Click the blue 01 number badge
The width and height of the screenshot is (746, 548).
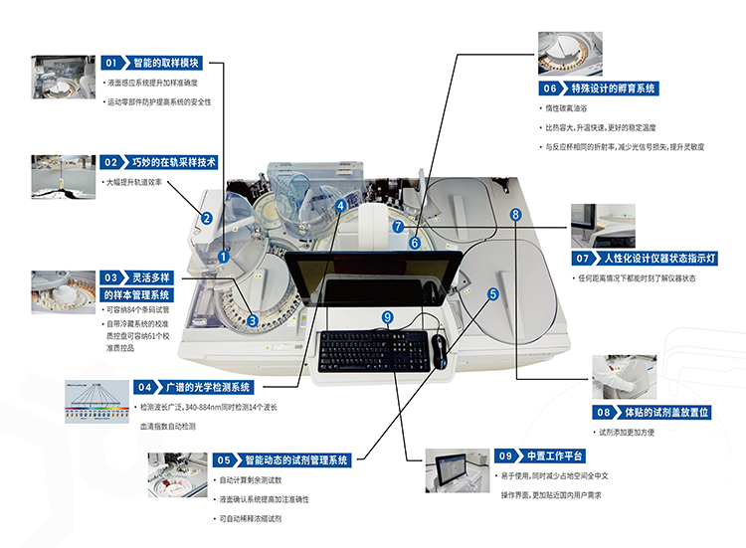tap(111, 63)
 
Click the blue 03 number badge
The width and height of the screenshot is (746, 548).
tap(111, 277)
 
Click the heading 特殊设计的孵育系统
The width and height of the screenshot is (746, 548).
tap(613, 89)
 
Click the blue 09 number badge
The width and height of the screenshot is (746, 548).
tap(504, 456)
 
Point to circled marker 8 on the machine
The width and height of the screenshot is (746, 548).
tap(515, 215)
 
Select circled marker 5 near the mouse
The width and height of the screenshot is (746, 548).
tap(492, 294)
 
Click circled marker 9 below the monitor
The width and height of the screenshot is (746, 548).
tap(388, 316)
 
